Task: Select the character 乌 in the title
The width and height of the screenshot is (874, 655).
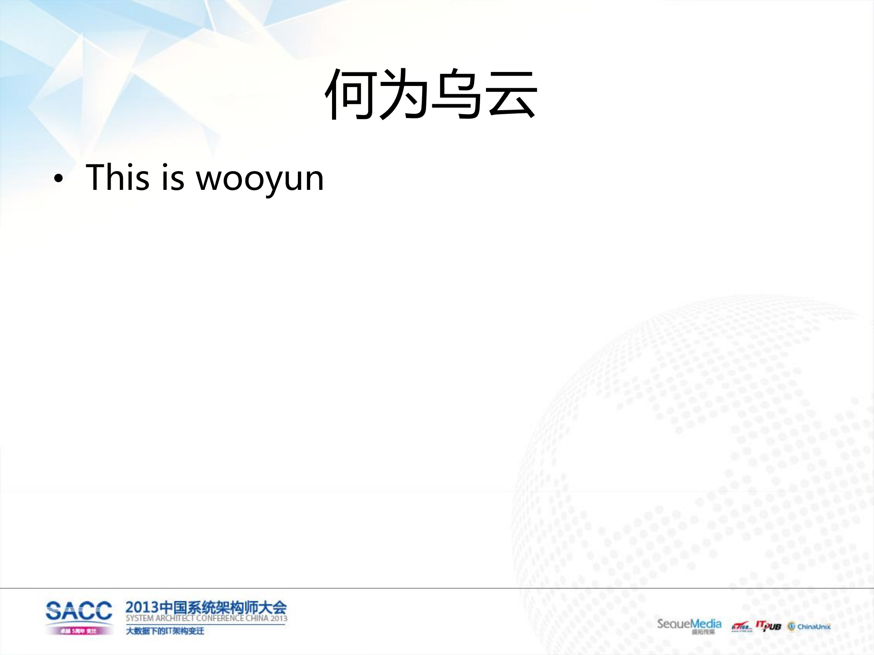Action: [457, 94]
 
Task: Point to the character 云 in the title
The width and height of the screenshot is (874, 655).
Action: [511, 94]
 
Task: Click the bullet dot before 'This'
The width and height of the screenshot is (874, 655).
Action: [58, 179]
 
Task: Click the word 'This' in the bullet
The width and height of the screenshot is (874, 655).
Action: [118, 177]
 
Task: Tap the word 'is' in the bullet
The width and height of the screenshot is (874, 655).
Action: [173, 177]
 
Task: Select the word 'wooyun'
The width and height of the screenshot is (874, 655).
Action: [260, 179]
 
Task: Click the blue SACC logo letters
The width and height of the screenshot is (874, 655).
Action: [79, 611]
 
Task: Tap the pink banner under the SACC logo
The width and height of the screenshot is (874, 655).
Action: [79, 631]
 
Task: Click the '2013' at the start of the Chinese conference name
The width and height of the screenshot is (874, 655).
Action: [142, 608]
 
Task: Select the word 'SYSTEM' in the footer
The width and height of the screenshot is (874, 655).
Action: [140, 619]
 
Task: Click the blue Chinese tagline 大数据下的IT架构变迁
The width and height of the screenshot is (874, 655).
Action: [165, 631]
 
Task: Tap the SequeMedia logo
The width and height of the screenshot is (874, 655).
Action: [689, 625]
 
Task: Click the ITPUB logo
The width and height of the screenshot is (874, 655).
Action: [768, 626]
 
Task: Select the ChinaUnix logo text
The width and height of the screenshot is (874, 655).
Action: [814, 627]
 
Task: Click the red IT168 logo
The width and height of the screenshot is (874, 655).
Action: [741, 627]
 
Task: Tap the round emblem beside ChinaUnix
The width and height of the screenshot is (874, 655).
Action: [792, 626]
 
